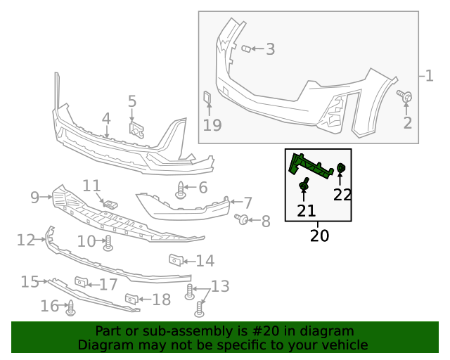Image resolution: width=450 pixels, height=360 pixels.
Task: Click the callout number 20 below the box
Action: (x=319, y=236)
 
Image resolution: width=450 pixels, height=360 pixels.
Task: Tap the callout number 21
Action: (x=306, y=210)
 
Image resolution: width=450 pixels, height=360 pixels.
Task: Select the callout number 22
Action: (x=342, y=194)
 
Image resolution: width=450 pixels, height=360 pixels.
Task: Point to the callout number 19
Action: (x=212, y=125)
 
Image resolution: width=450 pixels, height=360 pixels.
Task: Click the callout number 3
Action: (x=269, y=49)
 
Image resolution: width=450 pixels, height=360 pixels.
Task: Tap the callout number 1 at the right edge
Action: (x=429, y=75)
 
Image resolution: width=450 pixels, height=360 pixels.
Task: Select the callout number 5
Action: (x=132, y=101)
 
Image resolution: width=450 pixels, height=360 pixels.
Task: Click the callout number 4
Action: (x=106, y=119)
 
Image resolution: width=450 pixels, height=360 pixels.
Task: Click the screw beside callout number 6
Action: (x=181, y=188)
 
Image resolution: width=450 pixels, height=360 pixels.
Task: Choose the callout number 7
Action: (x=248, y=202)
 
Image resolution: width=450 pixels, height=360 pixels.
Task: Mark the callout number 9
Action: (x=34, y=198)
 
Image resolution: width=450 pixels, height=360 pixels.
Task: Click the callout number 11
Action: (x=92, y=186)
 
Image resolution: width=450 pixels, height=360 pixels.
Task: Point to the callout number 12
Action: (x=26, y=240)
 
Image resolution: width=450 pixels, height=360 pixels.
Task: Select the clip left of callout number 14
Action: (x=176, y=260)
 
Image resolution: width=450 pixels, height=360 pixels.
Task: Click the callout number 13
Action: (x=220, y=286)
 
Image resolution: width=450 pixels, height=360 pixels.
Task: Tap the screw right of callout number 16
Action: (x=70, y=307)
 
